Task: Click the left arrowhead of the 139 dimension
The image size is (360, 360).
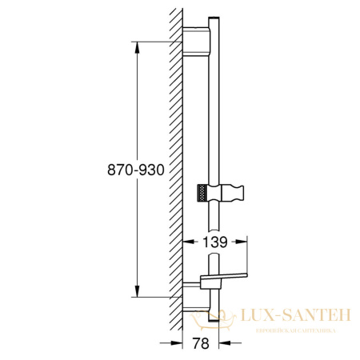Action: point(187,241)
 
